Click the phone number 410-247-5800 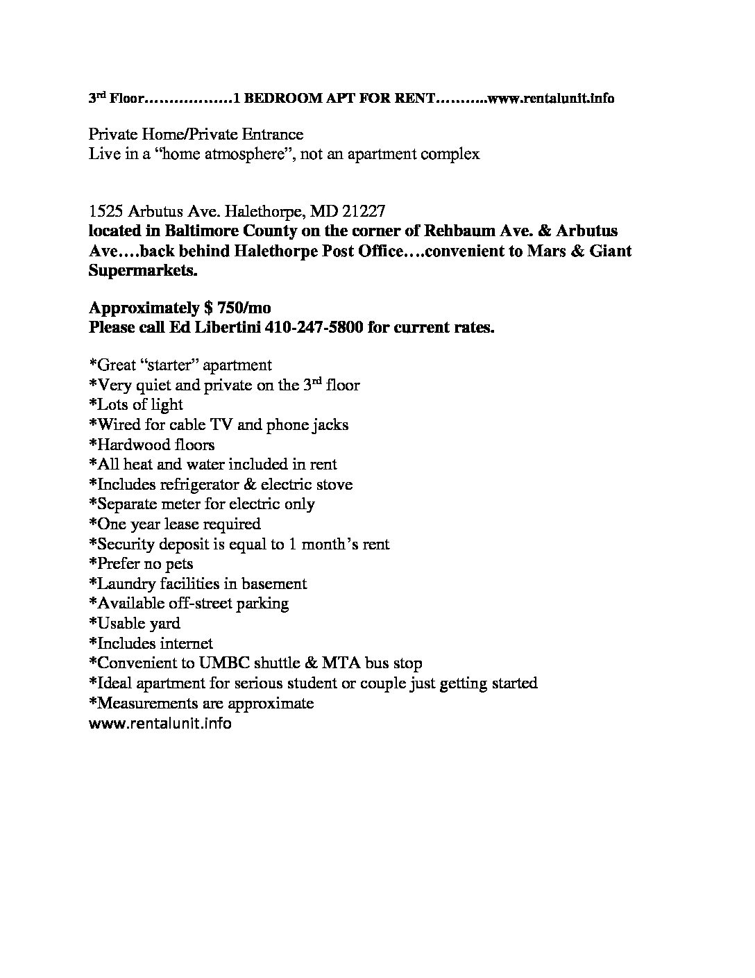pyautogui.click(x=314, y=329)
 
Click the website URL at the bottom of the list pyautogui.click(x=160, y=724)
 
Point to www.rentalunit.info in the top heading pyautogui.click(x=551, y=99)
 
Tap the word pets pyautogui.click(x=179, y=565)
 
